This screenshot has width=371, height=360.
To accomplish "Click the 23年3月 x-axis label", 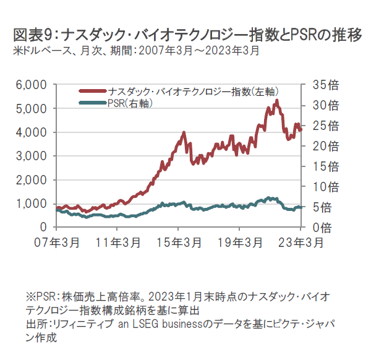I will click(x=301, y=242).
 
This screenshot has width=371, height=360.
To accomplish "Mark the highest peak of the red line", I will click(x=276, y=100).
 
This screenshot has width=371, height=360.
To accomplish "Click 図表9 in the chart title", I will click(x=32, y=34).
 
